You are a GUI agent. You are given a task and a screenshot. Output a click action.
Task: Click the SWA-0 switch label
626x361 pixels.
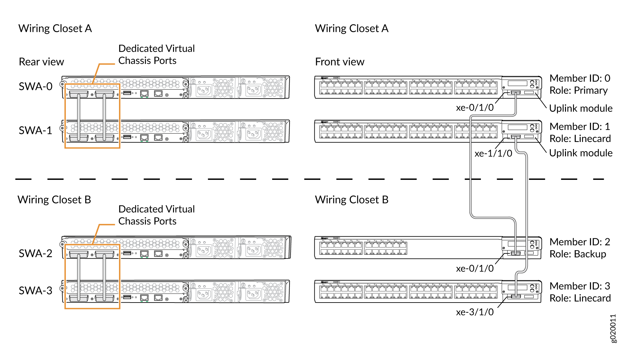35,86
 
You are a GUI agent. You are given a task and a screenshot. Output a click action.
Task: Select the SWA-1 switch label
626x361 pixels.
35,130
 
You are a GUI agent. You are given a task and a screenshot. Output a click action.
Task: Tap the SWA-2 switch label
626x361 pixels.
35,253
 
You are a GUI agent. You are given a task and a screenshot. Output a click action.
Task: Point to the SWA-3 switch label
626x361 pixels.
35,290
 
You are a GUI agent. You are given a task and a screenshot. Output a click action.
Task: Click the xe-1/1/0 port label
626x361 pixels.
493,154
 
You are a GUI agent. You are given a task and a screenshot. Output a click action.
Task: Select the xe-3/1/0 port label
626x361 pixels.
474,312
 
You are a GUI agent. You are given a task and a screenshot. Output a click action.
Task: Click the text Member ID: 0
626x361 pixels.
579,78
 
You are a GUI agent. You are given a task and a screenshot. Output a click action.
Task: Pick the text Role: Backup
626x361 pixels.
578,254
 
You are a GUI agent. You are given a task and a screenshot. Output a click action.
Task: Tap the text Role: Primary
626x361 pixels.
578,91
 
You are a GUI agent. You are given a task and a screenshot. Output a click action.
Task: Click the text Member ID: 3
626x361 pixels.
579,286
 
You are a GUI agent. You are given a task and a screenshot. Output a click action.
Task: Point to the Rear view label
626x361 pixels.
41,62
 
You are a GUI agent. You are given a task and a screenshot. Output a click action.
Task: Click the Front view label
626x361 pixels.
340,62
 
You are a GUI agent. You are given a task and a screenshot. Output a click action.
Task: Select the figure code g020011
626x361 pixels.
613,328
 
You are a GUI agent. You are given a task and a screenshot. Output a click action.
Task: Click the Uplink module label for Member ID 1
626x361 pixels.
580,153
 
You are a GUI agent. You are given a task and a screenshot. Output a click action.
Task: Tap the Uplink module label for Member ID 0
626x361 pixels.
580,108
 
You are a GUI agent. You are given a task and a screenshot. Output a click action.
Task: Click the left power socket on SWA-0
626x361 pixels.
204,90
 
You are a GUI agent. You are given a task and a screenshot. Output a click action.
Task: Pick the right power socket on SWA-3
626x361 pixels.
253,294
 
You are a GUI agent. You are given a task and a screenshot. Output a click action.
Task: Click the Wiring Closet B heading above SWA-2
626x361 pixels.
54,200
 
